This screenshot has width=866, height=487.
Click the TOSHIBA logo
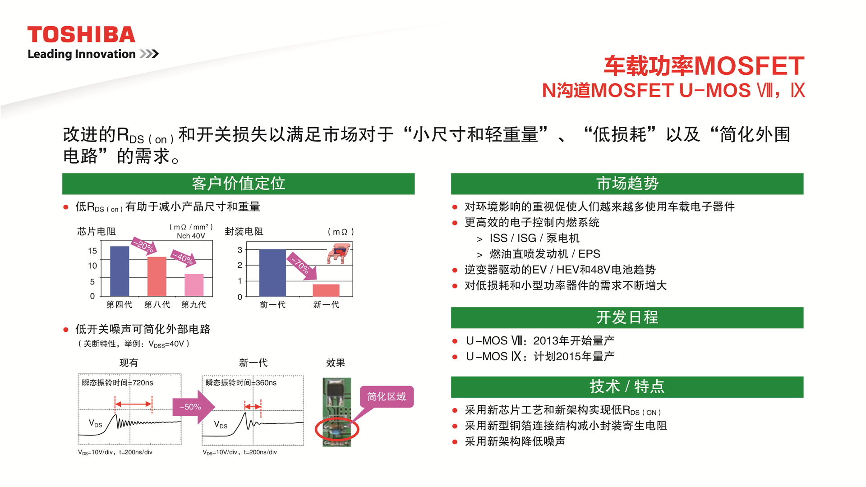[x=81, y=35]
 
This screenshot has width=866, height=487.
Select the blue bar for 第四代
[x=120, y=271]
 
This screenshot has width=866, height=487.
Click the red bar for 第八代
[x=157, y=276]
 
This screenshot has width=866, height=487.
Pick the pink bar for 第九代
[x=194, y=285]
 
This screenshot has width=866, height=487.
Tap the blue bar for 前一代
[x=272, y=273]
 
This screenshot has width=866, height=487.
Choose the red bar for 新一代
[x=326, y=290]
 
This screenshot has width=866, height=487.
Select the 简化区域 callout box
[x=387, y=397]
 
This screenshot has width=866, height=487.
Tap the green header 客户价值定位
[x=238, y=184]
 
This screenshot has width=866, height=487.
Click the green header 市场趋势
[x=627, y=184]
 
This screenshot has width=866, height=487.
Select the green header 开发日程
[x=627, y=318]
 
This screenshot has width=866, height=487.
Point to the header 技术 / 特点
[x=627, y=387]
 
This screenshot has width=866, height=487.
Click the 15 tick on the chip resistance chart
[x=92, y=251]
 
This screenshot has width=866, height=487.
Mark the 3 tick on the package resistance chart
[x=240, y=250]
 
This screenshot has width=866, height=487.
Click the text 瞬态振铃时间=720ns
[x=117, y=383]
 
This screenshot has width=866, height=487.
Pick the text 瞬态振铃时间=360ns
[x=241, y=383]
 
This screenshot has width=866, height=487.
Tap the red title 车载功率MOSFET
[x=704, y=66]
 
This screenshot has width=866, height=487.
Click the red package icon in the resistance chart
[x=339, y=254]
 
